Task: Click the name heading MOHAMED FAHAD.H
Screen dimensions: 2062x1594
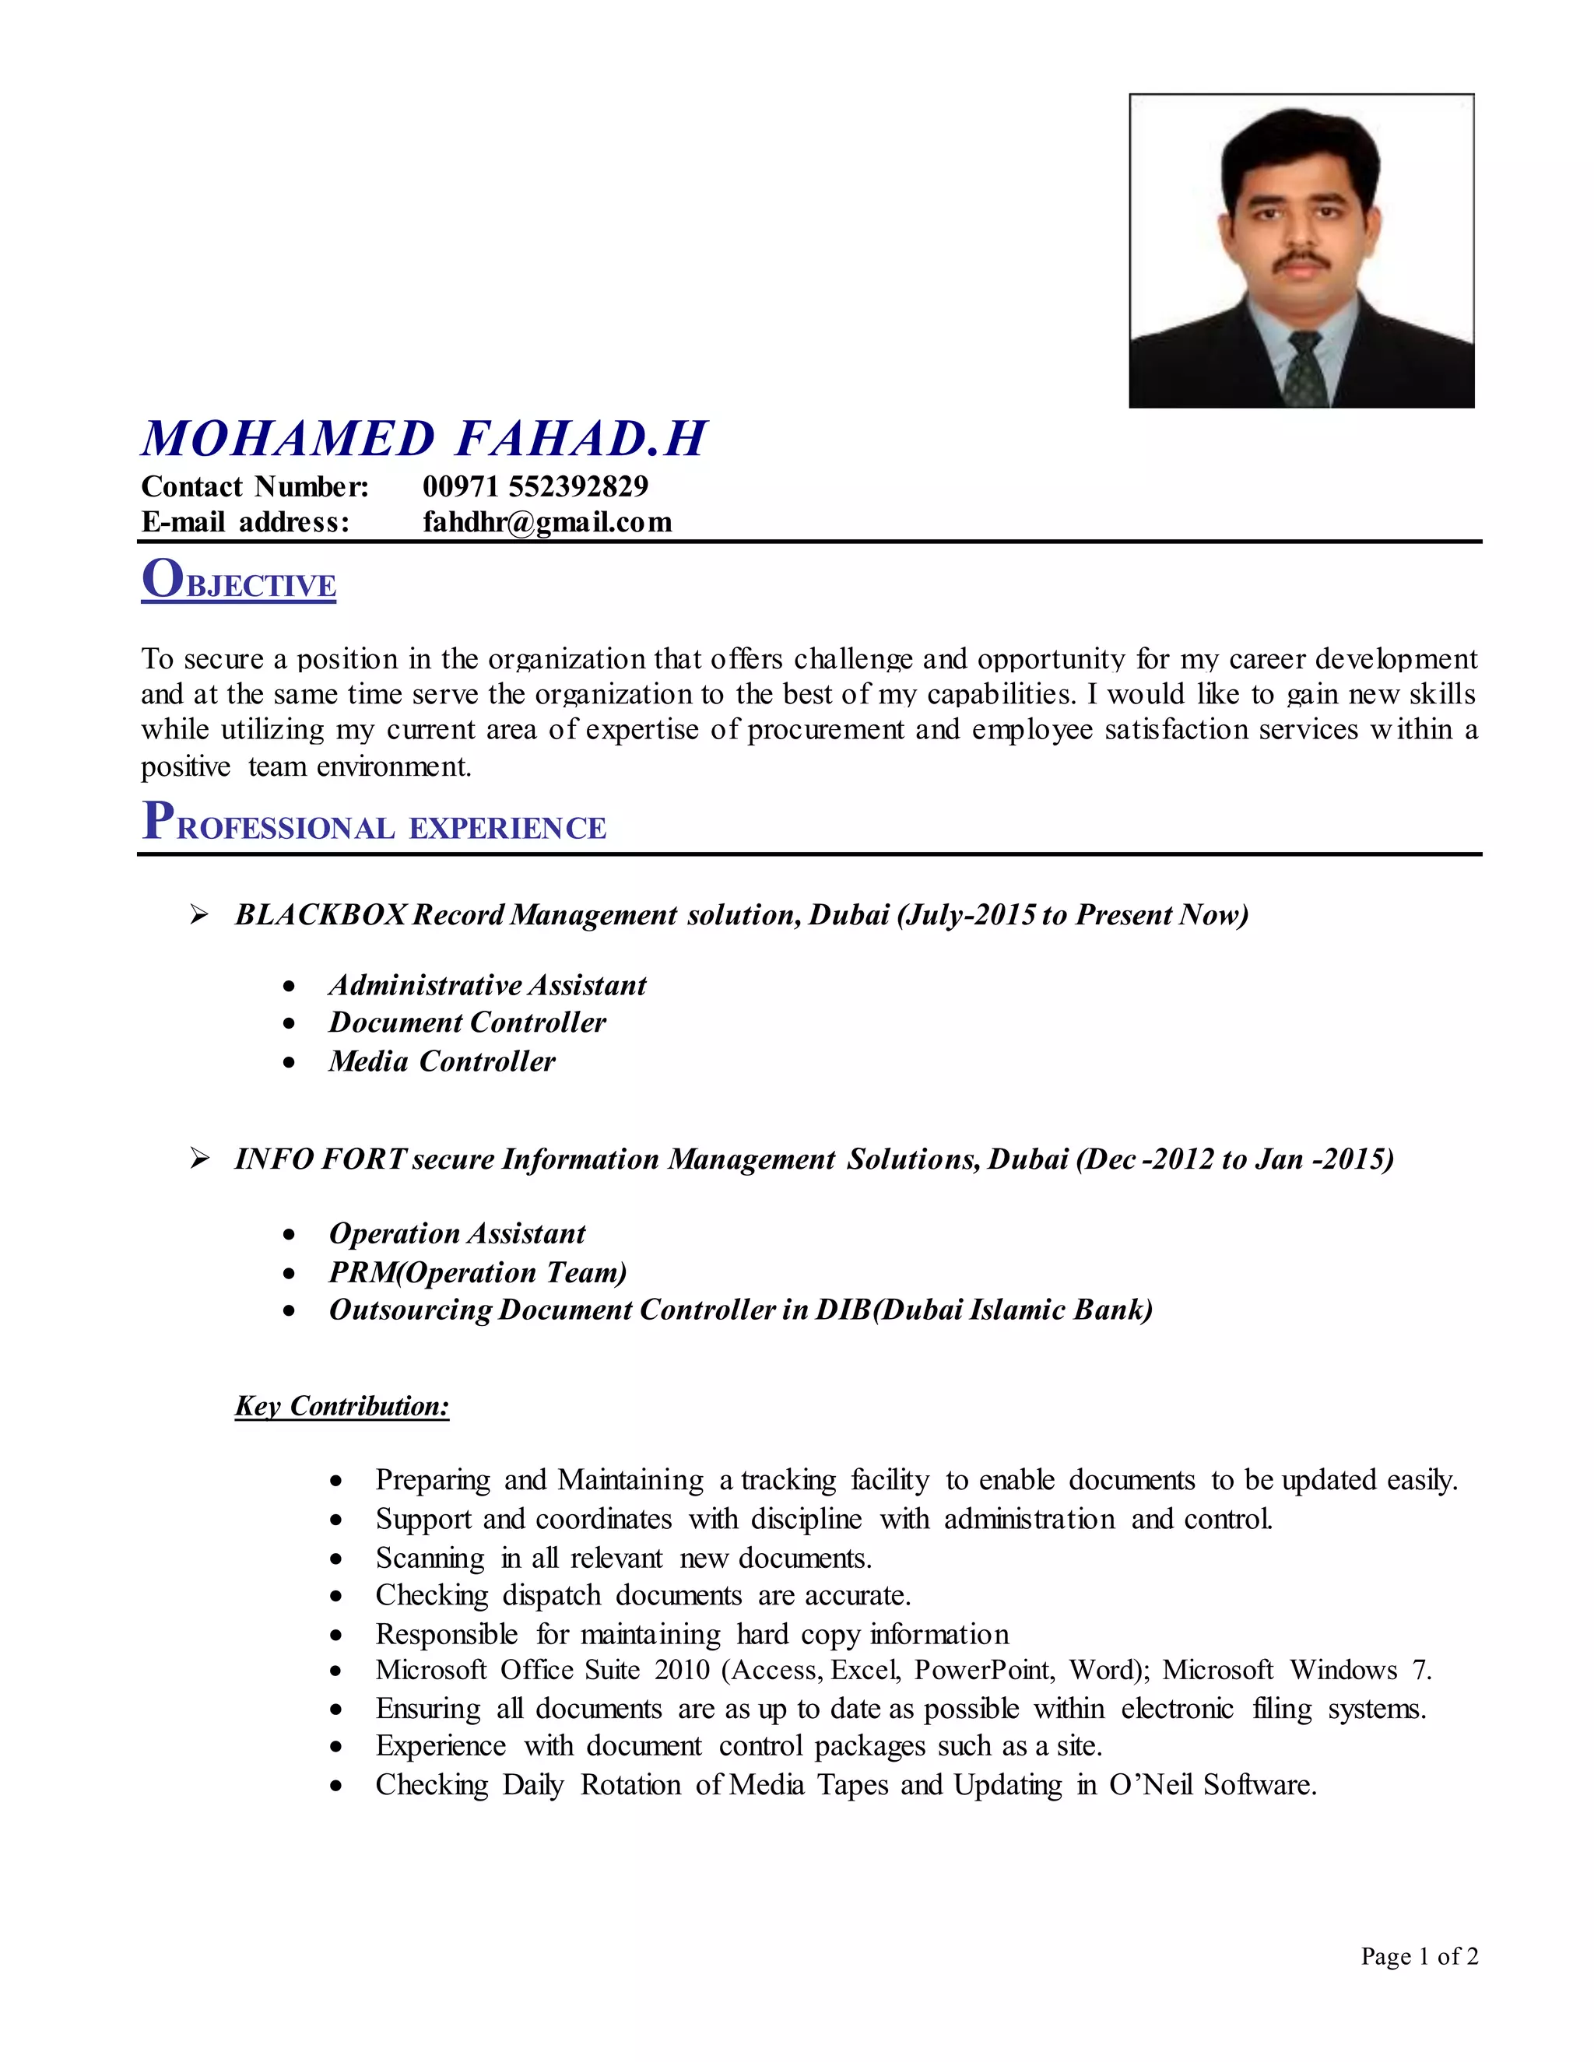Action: click(x=424, y=439)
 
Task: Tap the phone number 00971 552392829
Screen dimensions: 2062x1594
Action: click(x=535, y=486)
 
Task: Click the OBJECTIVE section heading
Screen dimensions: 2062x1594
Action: click(x=239, y=580)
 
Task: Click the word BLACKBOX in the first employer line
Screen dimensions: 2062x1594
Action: click(x=321, y=914)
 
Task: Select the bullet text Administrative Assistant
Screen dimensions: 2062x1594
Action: click(x=487, y=985)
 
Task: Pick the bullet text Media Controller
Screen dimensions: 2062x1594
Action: click(x=442, y=1061)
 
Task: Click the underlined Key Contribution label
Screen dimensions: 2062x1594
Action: click(x=342, y=1406)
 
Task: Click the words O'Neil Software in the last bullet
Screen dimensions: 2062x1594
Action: click(x=1213, y=1784)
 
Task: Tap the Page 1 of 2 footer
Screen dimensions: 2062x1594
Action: click(x=1418, y=1956)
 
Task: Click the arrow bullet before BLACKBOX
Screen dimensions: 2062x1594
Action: click(x=199, y=914)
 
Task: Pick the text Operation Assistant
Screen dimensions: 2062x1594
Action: click(x=457, y=1233)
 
